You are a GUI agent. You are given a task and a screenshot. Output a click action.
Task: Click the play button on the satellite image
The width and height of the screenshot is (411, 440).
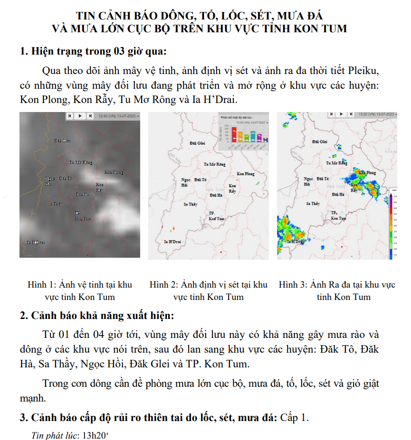click(x=80, y=116)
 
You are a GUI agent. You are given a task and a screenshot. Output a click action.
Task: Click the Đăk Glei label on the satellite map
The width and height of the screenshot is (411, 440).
click(x=62, y=140)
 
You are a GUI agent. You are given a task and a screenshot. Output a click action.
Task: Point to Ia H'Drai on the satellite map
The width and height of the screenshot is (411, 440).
click(x=36, y=242)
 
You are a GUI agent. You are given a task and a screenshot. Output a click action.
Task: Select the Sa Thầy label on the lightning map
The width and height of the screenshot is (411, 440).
click(x=190, y=204)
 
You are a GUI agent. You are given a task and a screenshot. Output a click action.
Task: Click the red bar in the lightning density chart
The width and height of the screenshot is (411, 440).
click(x=234, y=134)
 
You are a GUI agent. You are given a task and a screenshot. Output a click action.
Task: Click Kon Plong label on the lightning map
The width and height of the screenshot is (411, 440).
click(x=246, y=174)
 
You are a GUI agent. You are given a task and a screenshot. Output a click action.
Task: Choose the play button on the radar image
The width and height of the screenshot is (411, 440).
click(x=341, y=115)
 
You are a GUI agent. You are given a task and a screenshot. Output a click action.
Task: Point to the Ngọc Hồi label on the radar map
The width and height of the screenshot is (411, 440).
click(x=308, y=181)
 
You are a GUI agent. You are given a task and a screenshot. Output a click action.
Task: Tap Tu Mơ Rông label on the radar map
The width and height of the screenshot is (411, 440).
click(x=336, y=163)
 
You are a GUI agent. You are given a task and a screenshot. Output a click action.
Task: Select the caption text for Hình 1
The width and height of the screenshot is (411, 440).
click(x=80, y=290)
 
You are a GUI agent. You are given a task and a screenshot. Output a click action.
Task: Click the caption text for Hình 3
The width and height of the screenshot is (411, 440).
click(x=337, y=290)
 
